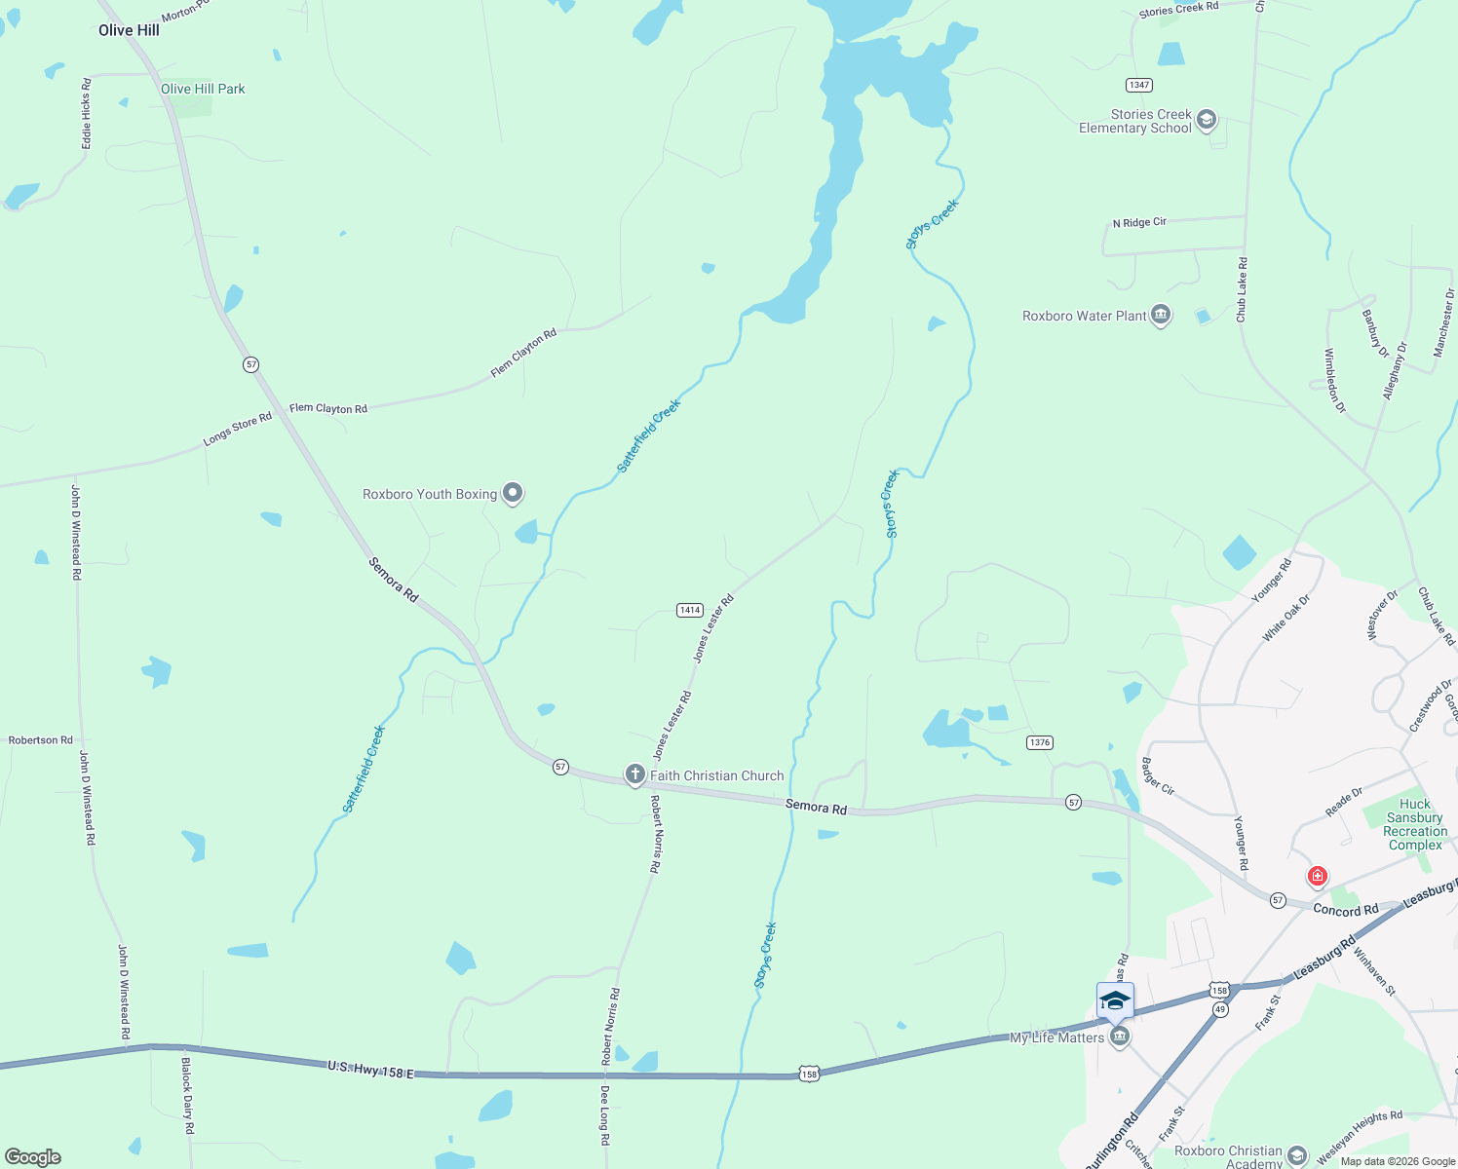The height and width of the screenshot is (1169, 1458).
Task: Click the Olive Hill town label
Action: [129, 30]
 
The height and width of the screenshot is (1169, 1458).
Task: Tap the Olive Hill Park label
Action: [203, 89]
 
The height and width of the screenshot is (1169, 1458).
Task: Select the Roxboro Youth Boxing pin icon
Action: [513, 494]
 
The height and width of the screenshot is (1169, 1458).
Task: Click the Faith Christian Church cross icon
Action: [635, 775]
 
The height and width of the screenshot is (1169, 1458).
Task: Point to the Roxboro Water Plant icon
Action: [1161, 315]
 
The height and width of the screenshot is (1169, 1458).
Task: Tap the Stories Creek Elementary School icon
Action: [1207, 120]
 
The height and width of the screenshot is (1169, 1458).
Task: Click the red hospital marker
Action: [1318, 876]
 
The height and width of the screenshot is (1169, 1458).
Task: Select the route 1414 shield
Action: [690, 610]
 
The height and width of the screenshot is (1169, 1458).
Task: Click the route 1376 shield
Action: [1040, 742]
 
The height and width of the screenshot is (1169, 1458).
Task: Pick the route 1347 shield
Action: [1139, 85]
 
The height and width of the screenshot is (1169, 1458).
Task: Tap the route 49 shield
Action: [1220, 1009]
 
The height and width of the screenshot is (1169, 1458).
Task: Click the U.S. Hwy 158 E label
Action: [370, 1070]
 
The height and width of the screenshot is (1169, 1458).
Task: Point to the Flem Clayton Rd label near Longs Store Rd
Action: [328, 408]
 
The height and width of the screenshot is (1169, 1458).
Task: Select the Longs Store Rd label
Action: [237, 430]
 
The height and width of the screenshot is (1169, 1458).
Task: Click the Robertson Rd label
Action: [41, 740]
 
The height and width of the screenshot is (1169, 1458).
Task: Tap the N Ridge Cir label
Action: [1139, 223]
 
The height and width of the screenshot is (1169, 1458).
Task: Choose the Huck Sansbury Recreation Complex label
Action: [1415, 824]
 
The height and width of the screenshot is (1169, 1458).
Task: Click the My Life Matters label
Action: [1056, 1037]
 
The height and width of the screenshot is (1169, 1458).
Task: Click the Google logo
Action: [33, 1156]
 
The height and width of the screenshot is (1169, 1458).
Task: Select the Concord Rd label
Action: [1345, 910]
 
